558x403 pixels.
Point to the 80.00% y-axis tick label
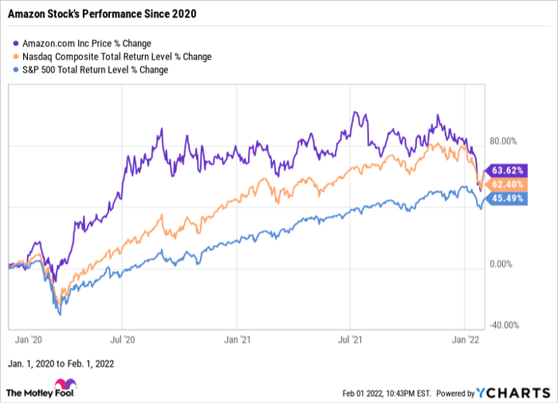pyautogui.click(x=504, y=142)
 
